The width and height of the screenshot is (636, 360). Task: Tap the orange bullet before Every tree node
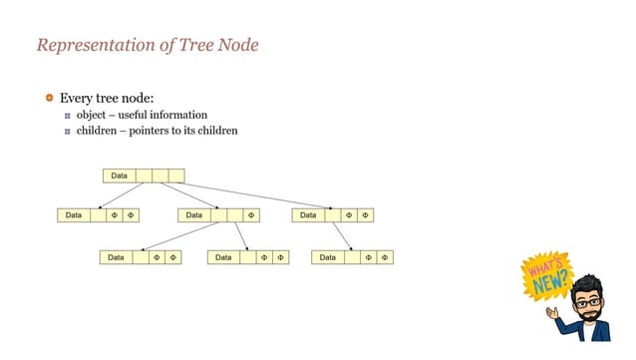pos(49,98)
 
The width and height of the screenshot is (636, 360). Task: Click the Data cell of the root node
pos(119,177)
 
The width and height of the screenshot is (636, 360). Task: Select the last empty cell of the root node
pos(176,177)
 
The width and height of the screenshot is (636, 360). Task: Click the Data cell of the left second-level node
pos(74,214)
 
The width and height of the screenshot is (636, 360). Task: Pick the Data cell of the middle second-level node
pos(193,214)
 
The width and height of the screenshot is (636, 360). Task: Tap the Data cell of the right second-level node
pos(308,214)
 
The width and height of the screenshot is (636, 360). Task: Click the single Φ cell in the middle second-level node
pos(251,214)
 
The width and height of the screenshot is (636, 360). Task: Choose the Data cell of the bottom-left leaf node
pos(116,257)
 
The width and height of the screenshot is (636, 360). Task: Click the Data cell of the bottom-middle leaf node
pos(223,257)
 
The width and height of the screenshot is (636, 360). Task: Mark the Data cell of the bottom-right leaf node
pos(328,257)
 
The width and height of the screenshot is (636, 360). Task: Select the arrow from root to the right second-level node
pos(249,195)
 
